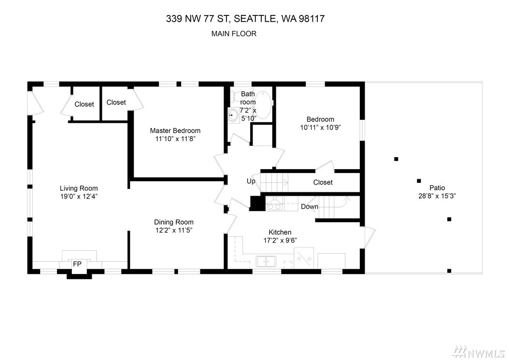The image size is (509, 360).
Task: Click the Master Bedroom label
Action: pyautogui.click(x=175, y=130)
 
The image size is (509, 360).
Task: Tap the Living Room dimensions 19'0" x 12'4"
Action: pyautogui.click(x=79, y=196)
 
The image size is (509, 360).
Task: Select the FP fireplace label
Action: pyautogui.click(x=77, y=264)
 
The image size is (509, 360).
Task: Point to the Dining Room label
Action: pyautogui.click(x=174, y=222)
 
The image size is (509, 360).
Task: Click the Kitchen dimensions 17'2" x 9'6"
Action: pyautogui.click(x=280, y=241)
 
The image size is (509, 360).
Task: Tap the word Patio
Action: pyautogui.click(x=437, y=188)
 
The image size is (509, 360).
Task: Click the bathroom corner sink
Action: pyautogui.click(x=233, y=115)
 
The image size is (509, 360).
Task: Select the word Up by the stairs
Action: pyautogui.click(x=251, y=181)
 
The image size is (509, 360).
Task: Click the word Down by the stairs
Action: pyautogui.click(x=310, y=207)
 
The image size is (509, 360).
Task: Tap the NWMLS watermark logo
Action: pyautogui.click(x=479, y=351)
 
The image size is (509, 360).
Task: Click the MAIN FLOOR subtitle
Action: pyautogui.click(x=234, y=34)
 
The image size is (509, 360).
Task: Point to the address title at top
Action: pyautogui.click(x=245, y=18)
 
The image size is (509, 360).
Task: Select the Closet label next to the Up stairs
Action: pyautogui.click(x=323, y=182)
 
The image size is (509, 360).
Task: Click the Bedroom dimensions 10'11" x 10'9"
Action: pyautogui.click(x=320, y=128)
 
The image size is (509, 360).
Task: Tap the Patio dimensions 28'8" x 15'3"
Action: pyautogui.click(x=437, y=196)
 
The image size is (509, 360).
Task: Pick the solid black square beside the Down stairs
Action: pyautogui.click(x=257, y=203)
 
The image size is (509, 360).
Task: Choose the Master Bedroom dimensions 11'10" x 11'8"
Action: pyautogui.click(x=175, y=139)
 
